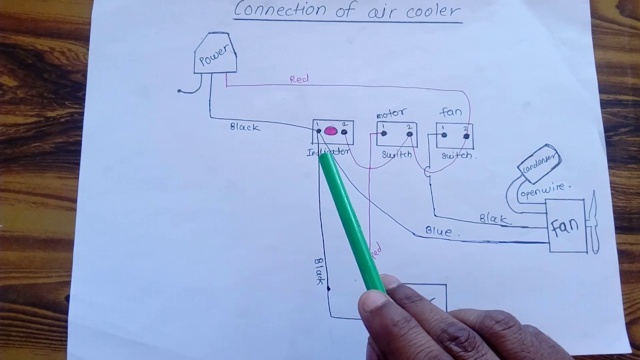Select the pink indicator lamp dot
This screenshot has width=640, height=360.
(330, 131)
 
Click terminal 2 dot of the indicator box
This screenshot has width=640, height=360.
(344, 132)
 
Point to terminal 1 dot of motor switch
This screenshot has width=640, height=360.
(384, 133)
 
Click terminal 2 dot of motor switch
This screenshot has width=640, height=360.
(409, 134)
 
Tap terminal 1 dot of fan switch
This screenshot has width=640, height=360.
(443, 135)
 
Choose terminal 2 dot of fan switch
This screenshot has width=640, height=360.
(466, 136)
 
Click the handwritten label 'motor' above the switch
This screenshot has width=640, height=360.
(391, 113)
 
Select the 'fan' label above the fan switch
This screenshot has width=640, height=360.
(450, 112)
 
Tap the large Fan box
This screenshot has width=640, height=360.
(567, 226)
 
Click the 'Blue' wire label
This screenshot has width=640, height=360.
(438, 231)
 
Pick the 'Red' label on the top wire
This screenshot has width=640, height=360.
(299, 79)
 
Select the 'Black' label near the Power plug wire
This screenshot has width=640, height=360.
(245, 127)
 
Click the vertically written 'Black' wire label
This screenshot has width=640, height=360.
(319, 271)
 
